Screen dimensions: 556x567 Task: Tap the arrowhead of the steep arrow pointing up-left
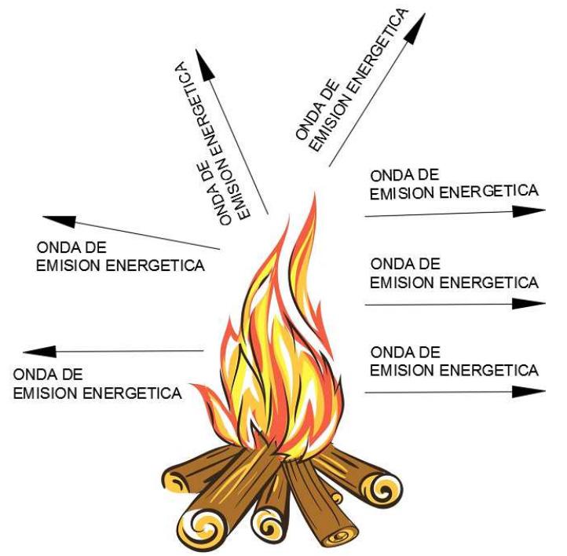(206, 63)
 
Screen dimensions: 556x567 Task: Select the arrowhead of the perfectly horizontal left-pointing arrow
(39, 351)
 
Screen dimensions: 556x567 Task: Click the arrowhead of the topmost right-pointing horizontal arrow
(529, 210)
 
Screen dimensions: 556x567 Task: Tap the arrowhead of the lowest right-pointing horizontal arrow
(529, 391)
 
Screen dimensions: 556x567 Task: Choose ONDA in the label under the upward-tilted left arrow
(53, 246)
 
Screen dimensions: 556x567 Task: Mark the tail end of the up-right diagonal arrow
(329, 166)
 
